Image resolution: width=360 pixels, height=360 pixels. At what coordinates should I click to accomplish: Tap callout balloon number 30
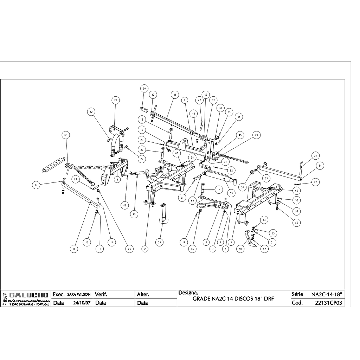click(x=144, y=88)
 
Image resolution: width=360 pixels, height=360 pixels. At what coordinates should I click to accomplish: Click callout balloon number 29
click(x=257, y=135)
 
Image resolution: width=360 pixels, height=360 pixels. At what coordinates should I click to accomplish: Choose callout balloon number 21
click(x=315, y=156)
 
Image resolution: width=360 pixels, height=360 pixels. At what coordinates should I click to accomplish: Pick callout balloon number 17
click(x=36, y=185)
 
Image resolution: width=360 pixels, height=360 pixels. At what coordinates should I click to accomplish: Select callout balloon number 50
click(x=241, y=249)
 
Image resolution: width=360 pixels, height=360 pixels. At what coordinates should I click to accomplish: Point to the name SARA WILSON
click(x=79, y=294)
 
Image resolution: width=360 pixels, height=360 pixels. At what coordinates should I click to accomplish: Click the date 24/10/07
click(x=82, y=303)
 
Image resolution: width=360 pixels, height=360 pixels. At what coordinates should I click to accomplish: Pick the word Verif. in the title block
click(x=101, y=294)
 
